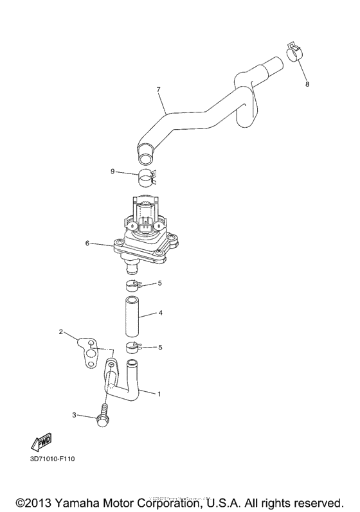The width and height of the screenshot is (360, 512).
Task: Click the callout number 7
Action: point(157,89)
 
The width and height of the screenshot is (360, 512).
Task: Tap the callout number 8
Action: point(307,84)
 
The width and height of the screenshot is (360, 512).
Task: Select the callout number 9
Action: point(113,172)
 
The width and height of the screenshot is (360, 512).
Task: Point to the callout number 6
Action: point(87,243)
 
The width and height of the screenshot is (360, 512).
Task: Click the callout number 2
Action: point(60,332)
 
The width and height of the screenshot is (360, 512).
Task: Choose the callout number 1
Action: point(160,393)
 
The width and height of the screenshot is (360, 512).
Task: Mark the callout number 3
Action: point(74,416)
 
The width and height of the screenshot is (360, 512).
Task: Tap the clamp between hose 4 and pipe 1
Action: point(133,349)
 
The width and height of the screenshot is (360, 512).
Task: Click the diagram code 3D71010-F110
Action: point(52,460)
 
